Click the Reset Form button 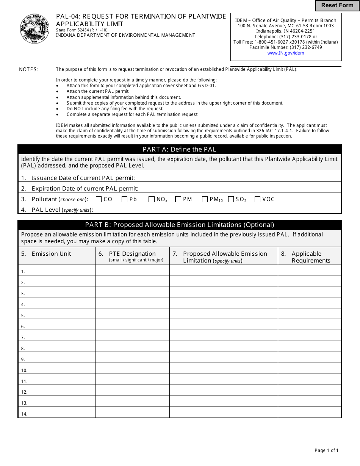pyautogui.click(x=337, y=6)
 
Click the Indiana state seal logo pyautogui.click(x=34, y=29)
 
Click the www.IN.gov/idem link pyautogui.click(x=286, y=53)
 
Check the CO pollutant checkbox pyautogui.click(x=99, y=199)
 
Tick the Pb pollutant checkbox pyautogui.click(x=124, y=199)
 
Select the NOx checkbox pyautogui.click(x=152, y=199)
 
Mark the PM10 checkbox pyautogui.click(x=205, y=199)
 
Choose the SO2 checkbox pyautogui.click(x=231, y=199)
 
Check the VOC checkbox pyautogui.click(x=258, y=199)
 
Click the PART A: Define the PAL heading pyautogui.click(x=180, y=149)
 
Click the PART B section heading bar pyautogui.click(x=180, y=225)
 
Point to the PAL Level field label pyautogui.click(x=57, y=210)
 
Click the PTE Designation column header pyautogui.click(x=132, y=256)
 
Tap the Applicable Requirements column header pyautogui.click(x=310, y=257)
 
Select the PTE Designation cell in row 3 pyautogui.click(x=132, y=292)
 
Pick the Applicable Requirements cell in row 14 pyautogui.click(x=310, y=413)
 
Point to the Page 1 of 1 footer pyautogui.click(x=326, y=450)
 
